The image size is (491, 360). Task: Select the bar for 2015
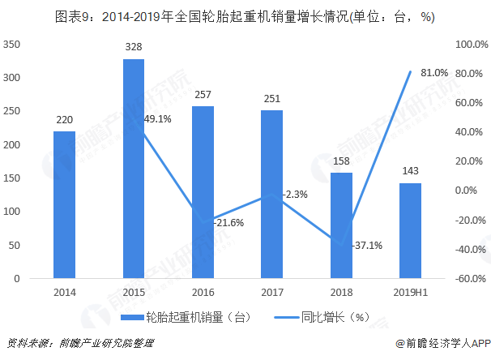[x=134, y=169]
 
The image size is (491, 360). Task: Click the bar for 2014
[x=64, y=204]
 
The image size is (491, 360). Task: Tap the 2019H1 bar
[x=411, y=230]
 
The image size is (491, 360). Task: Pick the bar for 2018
[x=341, y=225]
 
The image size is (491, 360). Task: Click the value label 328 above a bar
[x=134, y=48]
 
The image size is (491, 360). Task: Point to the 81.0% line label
[x=434, y=73]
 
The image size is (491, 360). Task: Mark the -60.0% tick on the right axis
[x=470, y=279]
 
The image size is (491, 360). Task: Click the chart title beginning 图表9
[x=245, y=16]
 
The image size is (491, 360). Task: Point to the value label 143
[x=411, y=171]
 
